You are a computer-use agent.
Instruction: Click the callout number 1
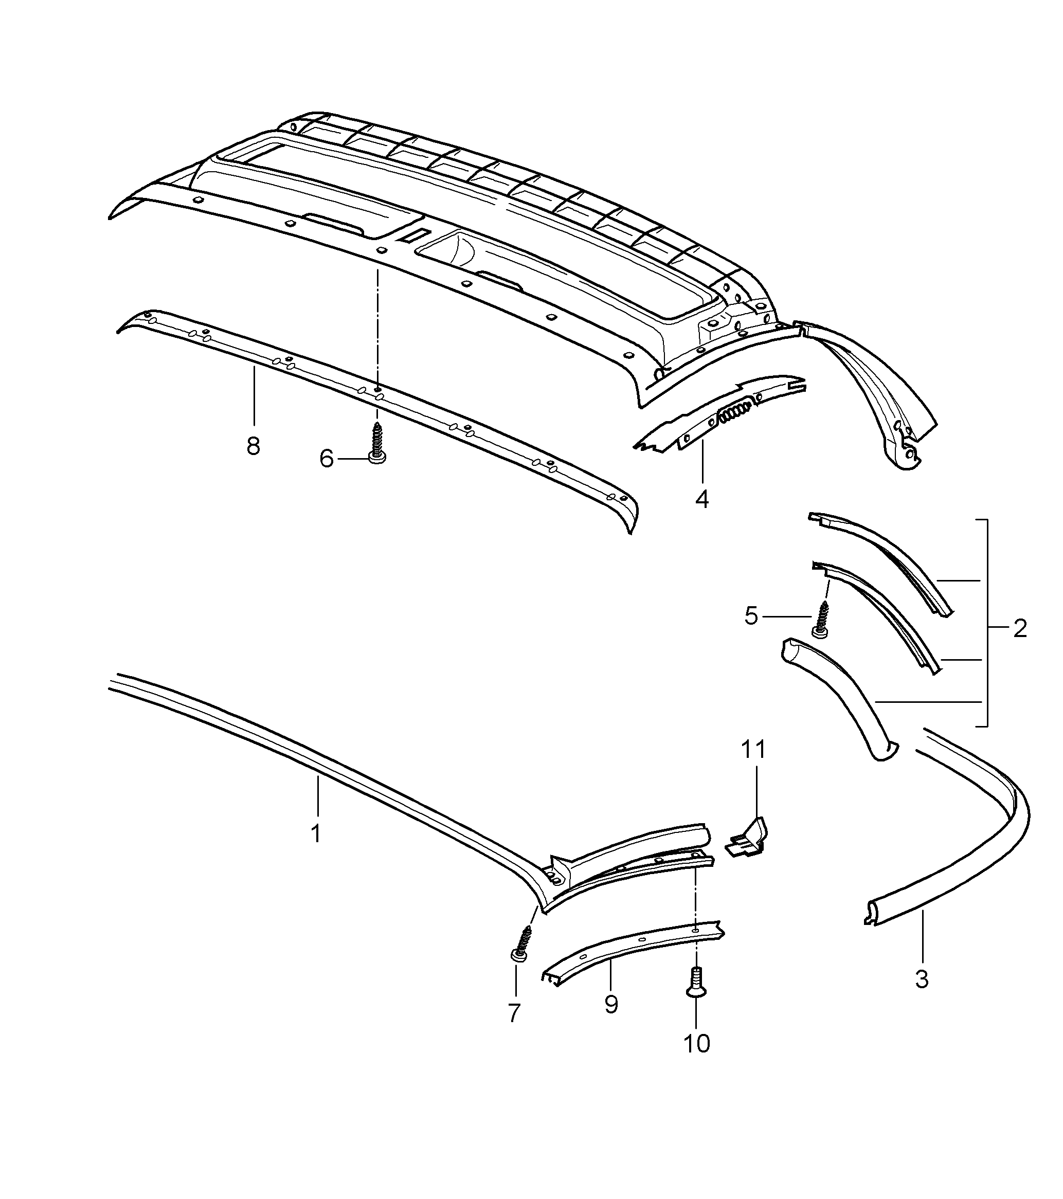(316, 833)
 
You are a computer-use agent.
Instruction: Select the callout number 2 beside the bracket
(1020, 629)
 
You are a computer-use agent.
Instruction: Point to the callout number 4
(701, 499)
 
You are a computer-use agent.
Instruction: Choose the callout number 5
(751, 616)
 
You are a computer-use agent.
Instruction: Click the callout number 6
(326, 458)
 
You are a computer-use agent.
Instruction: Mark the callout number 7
(514, 1013)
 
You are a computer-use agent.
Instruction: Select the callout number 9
(611, 1005)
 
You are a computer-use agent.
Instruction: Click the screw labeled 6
(376, 447)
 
